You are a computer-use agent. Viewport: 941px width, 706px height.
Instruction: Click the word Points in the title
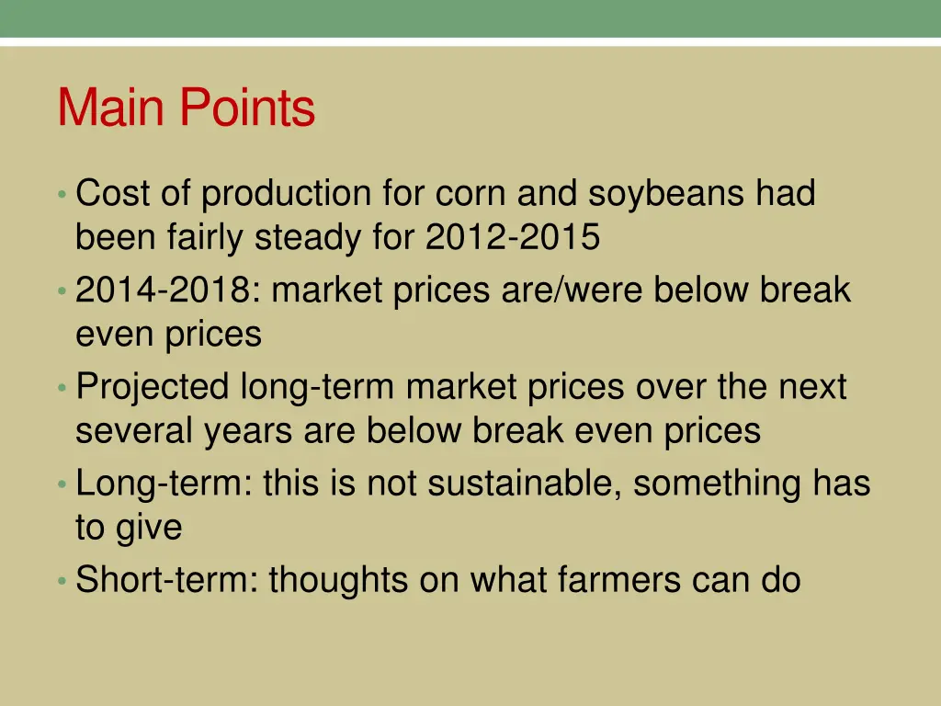pyautogui.click(x=247, y=108)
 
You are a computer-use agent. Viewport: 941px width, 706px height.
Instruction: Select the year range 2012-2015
pyautogui.click(x=512, y=238)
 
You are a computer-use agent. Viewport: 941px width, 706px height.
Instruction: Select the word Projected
pyautogui.click(x=153, y=387)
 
